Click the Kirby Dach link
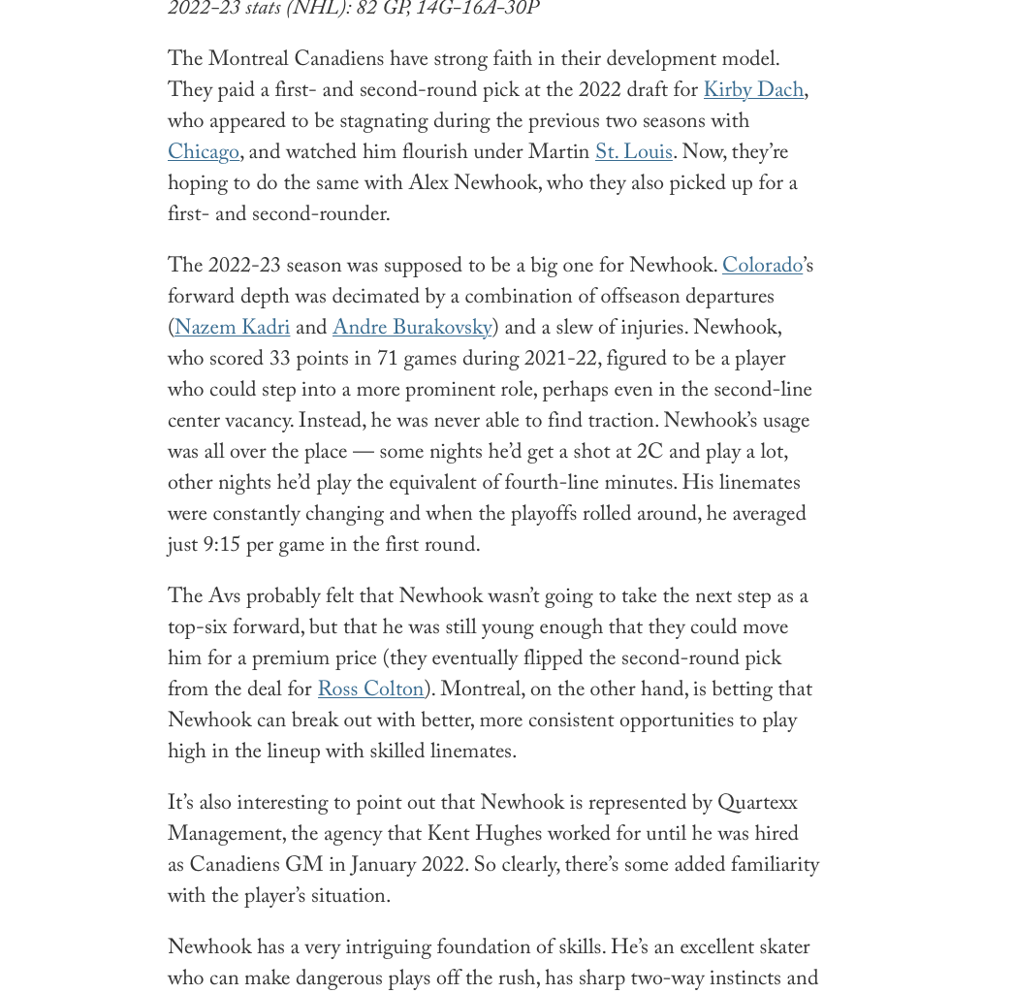[753, 91]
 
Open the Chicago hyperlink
[203, 153]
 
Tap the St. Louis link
[633, 153]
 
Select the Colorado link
[762, 267]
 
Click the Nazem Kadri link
[232, 329]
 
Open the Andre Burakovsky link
[412, 329]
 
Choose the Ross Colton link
[370, 690]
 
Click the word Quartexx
[757, 805]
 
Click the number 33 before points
[279, 360]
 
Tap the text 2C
[650, 453]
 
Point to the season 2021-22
[560, 360]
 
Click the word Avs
[224, 597]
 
